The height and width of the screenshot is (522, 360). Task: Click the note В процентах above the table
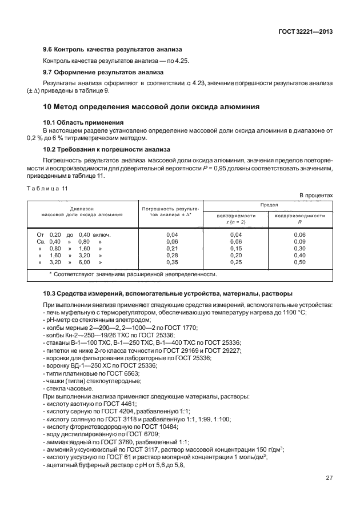(315, 196)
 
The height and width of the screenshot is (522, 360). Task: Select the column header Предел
(268, 205)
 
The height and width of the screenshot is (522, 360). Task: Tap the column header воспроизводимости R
(300, 218)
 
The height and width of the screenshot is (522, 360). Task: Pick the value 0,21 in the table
(172, 249)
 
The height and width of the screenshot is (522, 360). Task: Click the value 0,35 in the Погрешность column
(172, 262)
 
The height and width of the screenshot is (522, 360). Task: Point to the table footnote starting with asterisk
(133, 274)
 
